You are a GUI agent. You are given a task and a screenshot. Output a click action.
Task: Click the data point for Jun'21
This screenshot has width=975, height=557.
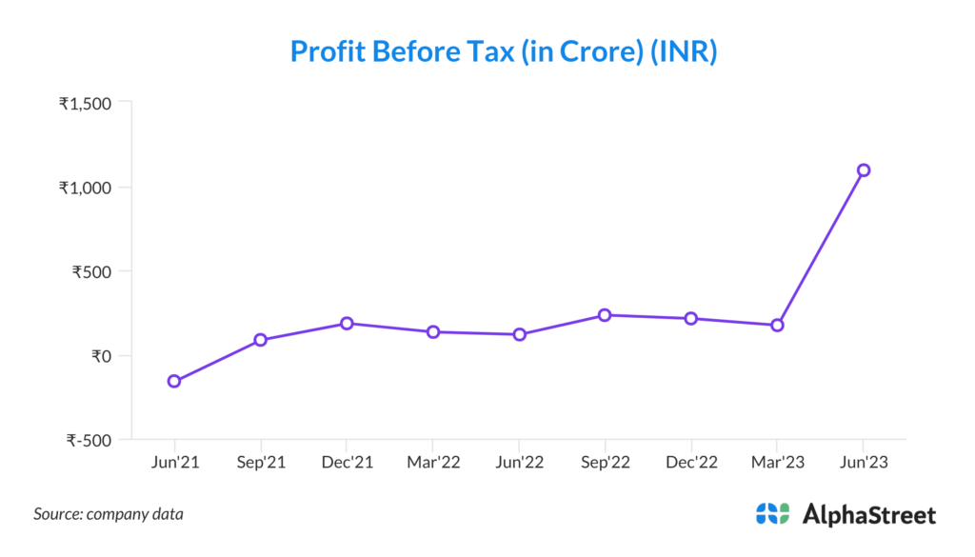click(174, 381)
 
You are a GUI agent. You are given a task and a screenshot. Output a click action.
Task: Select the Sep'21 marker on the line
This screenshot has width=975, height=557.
click(260, 340)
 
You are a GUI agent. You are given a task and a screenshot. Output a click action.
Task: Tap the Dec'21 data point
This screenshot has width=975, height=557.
click(347, 324)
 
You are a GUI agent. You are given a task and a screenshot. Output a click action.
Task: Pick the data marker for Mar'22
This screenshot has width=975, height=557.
click(433, 332)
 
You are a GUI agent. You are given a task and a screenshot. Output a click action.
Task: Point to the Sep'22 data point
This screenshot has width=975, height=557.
click(605, 315)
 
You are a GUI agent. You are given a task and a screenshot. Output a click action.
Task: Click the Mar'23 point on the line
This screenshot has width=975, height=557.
click(777, 326)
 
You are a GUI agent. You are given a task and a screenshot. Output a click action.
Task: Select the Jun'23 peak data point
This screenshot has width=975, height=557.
click(864, 170)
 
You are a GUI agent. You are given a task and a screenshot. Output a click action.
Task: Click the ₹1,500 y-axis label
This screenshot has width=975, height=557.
click(85, 103)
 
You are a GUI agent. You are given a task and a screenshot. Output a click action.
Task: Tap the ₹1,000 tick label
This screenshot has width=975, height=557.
click(85, 187)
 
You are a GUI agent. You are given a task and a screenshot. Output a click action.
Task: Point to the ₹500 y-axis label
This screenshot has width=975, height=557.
click(92, 271)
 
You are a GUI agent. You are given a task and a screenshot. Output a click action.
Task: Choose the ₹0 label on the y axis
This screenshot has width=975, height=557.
click(101, 356)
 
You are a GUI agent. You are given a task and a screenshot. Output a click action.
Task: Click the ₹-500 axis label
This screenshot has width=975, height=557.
click(90, 440)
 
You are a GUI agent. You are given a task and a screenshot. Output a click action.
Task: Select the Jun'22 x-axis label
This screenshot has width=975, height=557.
click(519, 463)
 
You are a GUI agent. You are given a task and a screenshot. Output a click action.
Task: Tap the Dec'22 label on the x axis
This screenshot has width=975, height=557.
click(691, 463)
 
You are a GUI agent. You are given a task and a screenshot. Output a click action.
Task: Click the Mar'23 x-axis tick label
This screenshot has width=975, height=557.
click(777, 463)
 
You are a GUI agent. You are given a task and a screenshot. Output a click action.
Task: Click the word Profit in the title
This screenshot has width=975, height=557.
click(326, 51)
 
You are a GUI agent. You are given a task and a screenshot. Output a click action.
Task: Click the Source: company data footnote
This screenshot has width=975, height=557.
click(109, 514)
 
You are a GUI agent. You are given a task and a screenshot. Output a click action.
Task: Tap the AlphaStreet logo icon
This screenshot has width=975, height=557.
click(772, 514)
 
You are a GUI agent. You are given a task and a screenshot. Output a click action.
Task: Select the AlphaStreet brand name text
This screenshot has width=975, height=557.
click(869, 514)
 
